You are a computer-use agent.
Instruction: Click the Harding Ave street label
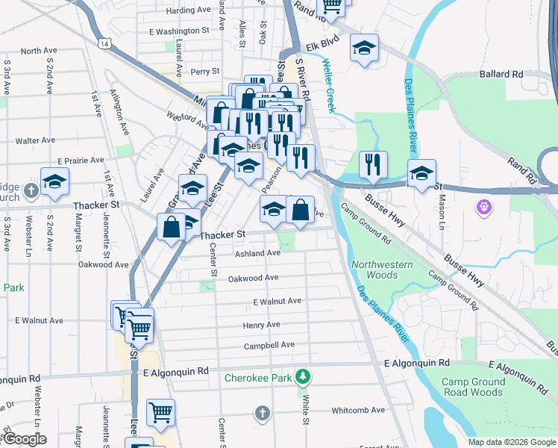(189, 10)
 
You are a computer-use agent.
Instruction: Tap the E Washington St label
(179, 31)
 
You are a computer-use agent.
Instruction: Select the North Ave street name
(39, 51)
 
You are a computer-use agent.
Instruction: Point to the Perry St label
(204, 72)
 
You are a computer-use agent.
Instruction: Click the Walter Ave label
(35, 140)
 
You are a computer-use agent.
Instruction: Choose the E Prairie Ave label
(81, 161)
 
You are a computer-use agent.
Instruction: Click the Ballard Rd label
(501, 75)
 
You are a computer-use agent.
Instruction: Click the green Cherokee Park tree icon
(302, 375)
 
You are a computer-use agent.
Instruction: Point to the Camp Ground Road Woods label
(473, 387)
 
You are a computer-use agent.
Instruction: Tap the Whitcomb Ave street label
(358, 410)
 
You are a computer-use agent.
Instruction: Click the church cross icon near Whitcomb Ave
(261, 412)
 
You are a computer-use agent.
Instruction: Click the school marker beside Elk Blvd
(364, 49)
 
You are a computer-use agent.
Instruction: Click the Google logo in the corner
(24, 439)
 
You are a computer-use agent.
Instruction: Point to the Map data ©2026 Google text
(511, 442)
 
